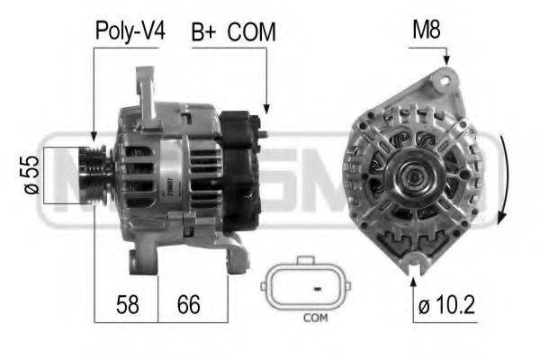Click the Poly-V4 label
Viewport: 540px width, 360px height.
[x=130, y=31]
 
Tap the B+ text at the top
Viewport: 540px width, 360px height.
[x=203, y=32]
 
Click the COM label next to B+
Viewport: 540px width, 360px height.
[x=252, y=32]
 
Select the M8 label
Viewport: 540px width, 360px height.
[x=427, y=30]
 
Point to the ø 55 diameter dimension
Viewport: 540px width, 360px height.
[x=31, y=175]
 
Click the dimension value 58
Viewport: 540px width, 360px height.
[x=128, y=304]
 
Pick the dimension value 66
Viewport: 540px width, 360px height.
[x=188, y=304]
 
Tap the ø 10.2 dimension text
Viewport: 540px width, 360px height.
[x=446, y=305]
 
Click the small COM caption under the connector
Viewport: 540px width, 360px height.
[x=316, y=318]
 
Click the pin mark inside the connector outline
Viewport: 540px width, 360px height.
[x=317, y=288]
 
